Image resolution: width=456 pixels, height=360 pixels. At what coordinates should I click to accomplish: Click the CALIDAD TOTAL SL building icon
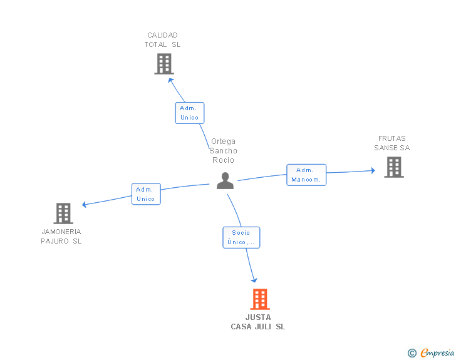tap(164, 64)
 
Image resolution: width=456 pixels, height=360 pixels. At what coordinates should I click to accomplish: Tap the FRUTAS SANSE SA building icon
tap(394, 167)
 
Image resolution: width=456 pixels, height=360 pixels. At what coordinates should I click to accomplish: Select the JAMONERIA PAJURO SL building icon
tap(63, 213)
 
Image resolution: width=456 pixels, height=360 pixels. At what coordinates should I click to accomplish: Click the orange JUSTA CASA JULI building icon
tap(260, 299)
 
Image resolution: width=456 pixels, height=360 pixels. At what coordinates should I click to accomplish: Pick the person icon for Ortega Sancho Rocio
tap(225, 180)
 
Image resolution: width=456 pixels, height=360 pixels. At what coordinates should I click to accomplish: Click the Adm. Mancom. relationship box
tap(306, 175)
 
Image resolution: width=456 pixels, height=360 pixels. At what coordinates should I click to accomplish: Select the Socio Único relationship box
tap(241, 237)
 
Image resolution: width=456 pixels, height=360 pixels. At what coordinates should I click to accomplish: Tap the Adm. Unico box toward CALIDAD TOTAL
tap(190, 113)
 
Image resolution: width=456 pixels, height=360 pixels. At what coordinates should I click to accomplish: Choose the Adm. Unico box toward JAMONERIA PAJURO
tap(146, 194)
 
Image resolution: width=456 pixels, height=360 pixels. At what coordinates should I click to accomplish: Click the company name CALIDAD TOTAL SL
tap(163, 40)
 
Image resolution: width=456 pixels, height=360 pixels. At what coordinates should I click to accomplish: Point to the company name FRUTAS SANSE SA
tap(391, 143)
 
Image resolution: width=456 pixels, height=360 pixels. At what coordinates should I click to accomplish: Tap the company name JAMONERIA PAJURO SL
tap(61, 237)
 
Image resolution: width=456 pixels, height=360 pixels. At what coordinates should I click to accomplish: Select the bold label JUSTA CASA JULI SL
tap(258, 322)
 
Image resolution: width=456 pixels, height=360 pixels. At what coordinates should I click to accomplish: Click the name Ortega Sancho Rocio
tap(224, 151)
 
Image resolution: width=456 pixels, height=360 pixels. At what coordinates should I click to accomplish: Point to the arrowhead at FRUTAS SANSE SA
tap(373, 170)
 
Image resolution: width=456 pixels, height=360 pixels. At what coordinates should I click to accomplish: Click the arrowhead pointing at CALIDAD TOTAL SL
tap(171, 80)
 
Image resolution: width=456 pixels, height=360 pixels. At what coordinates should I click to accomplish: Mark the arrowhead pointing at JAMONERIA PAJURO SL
tap(84, 205)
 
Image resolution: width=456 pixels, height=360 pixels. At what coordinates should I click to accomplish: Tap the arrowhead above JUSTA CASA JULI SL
tap(254, 280)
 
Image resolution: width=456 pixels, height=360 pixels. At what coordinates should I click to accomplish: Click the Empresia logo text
tap(437, 352)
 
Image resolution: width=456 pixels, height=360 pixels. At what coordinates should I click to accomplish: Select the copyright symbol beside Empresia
tap(412, 353)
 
